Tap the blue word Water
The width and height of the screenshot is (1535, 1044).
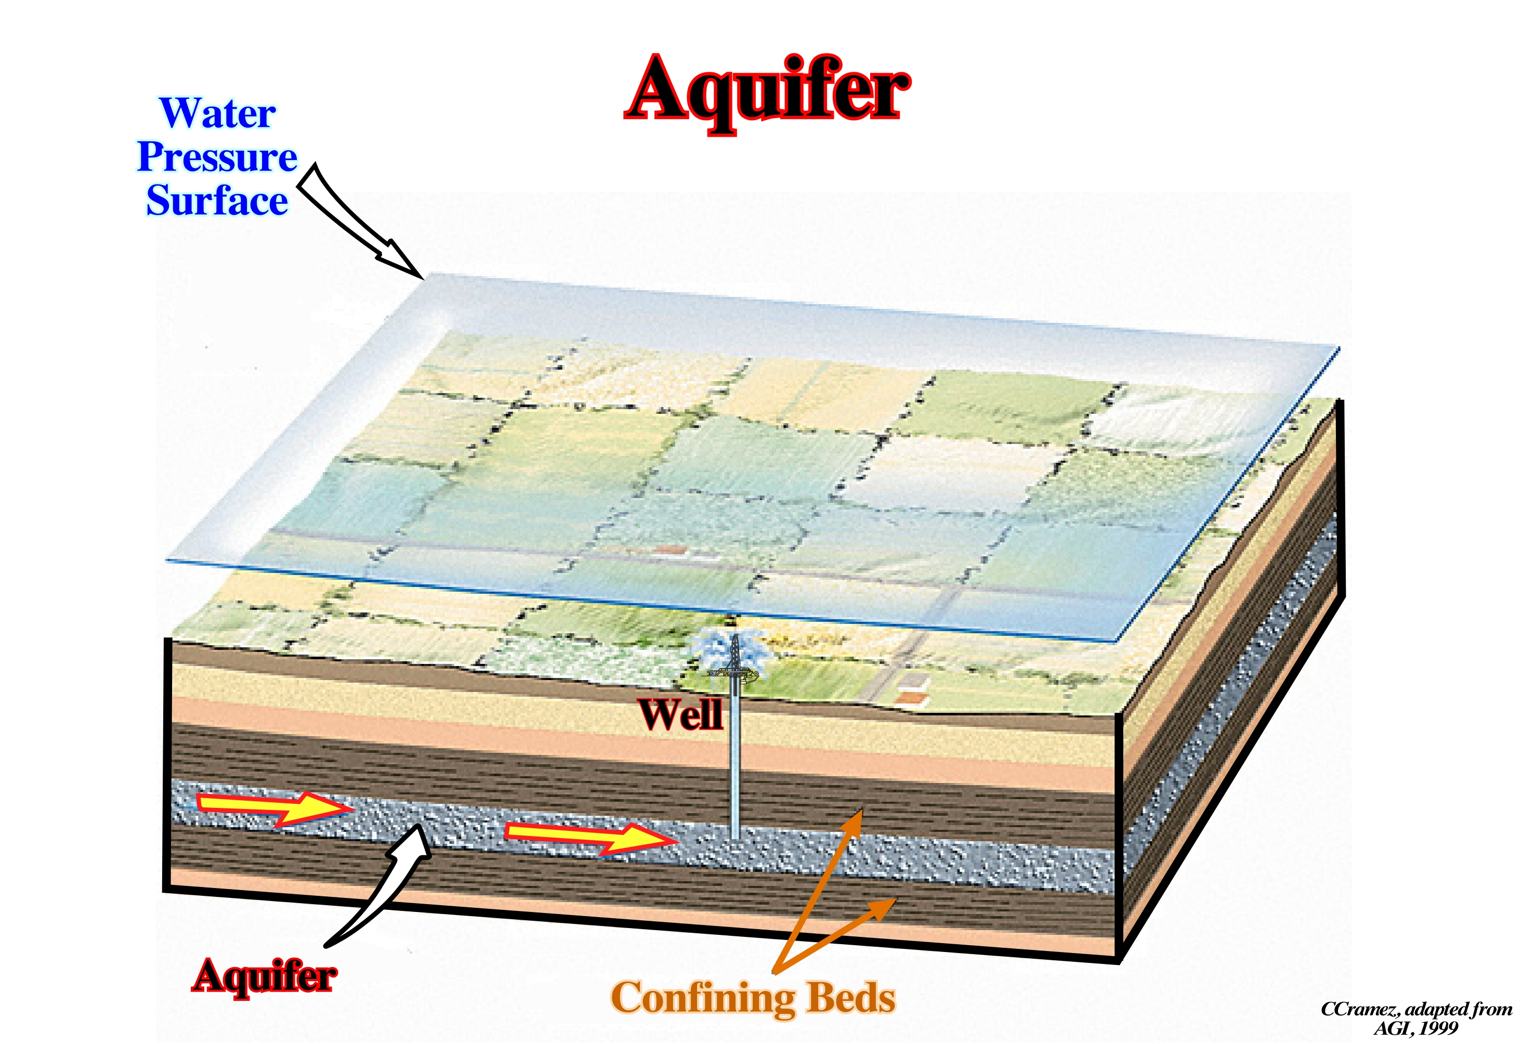point(217,114)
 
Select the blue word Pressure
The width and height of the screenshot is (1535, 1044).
point(217,157)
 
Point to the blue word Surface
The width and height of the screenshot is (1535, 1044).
point(217,200)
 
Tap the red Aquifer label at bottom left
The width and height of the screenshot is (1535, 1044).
point(264,976)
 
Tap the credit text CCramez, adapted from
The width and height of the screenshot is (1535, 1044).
point(1415,1010)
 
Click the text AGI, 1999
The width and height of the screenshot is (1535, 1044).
point(1415,1028)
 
